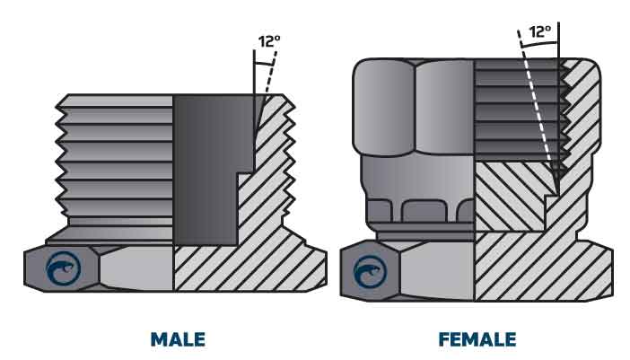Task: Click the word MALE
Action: pyautogui.click(x=177, y=339)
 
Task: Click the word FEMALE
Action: pyautogui.click(x=477, y=339)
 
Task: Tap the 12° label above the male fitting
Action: pyautogui.click(x=268, y=41)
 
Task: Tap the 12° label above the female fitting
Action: pyautogui.click(x=539, y=31)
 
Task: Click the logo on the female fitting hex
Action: pyautogui.click(x=369, y=271)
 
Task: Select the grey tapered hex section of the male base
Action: pyautogui.click(x=135, y=268)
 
